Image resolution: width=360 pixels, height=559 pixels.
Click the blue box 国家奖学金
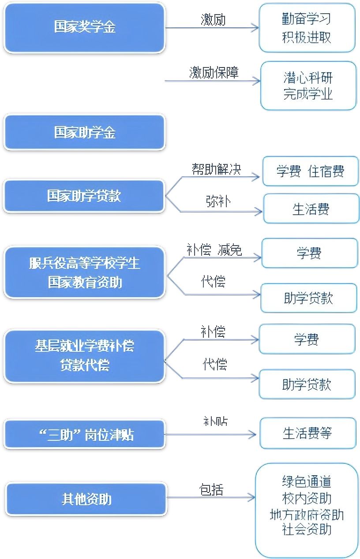pyautogui.click(x=85, y=27)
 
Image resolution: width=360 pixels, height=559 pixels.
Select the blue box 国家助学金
pyautogui.click(x=85, y=132)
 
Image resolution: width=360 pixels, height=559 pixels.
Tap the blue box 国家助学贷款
pyautogui.click(x=84, y=196)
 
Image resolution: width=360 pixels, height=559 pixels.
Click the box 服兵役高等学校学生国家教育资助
pyautogui.click(x=85, y=272)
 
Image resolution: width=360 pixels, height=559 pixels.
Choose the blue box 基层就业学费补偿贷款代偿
pyautogui.click(x=85, y=356)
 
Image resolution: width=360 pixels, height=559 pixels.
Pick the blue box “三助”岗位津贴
pyautogui.click(x=85, y=435)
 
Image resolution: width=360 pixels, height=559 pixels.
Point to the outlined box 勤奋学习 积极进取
pyautogui.click(x=307, y=28)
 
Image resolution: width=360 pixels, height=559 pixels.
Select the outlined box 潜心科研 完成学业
pyautogui.click(x=308, y=86)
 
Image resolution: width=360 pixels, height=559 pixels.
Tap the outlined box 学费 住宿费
pyautogui.click(x=311, y=171)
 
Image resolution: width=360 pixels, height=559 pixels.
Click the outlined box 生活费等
pyautogui.click(x=308, y=433)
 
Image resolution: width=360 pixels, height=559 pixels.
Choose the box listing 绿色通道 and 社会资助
pyautogui.click(x=307, y=510)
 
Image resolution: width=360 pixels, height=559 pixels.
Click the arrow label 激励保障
pyautogui.click(x=214, y=73)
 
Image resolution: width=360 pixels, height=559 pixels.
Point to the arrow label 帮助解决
pyautogui.click(x=217, y=169)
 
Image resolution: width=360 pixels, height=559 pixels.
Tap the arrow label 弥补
pyautogui.click(x=218, y=201)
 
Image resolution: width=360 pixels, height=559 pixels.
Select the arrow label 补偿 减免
pyautogui.click(x=214, y=250)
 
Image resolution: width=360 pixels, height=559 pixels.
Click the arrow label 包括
pyautogui.click(x=211, y=489)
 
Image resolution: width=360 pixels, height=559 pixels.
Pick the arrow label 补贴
pyautogui.click(x=215, y=421)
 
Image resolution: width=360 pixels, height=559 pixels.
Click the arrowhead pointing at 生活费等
pyautogui.click(x=252, y=435)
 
